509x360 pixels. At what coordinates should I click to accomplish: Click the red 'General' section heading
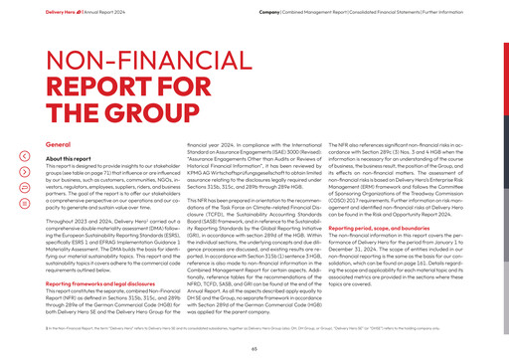61,145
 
